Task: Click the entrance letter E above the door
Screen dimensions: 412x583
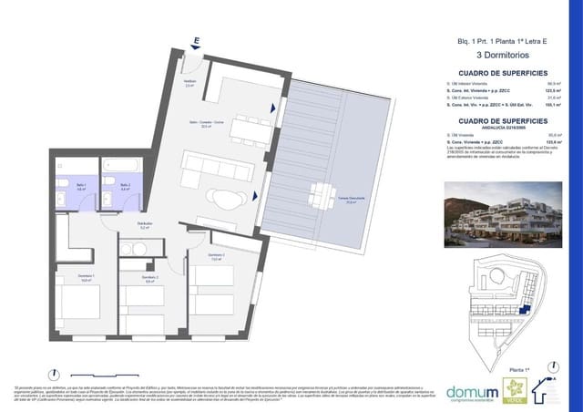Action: [x=196, y=41]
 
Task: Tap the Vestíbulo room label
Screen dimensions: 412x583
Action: [x=189, y=84]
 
